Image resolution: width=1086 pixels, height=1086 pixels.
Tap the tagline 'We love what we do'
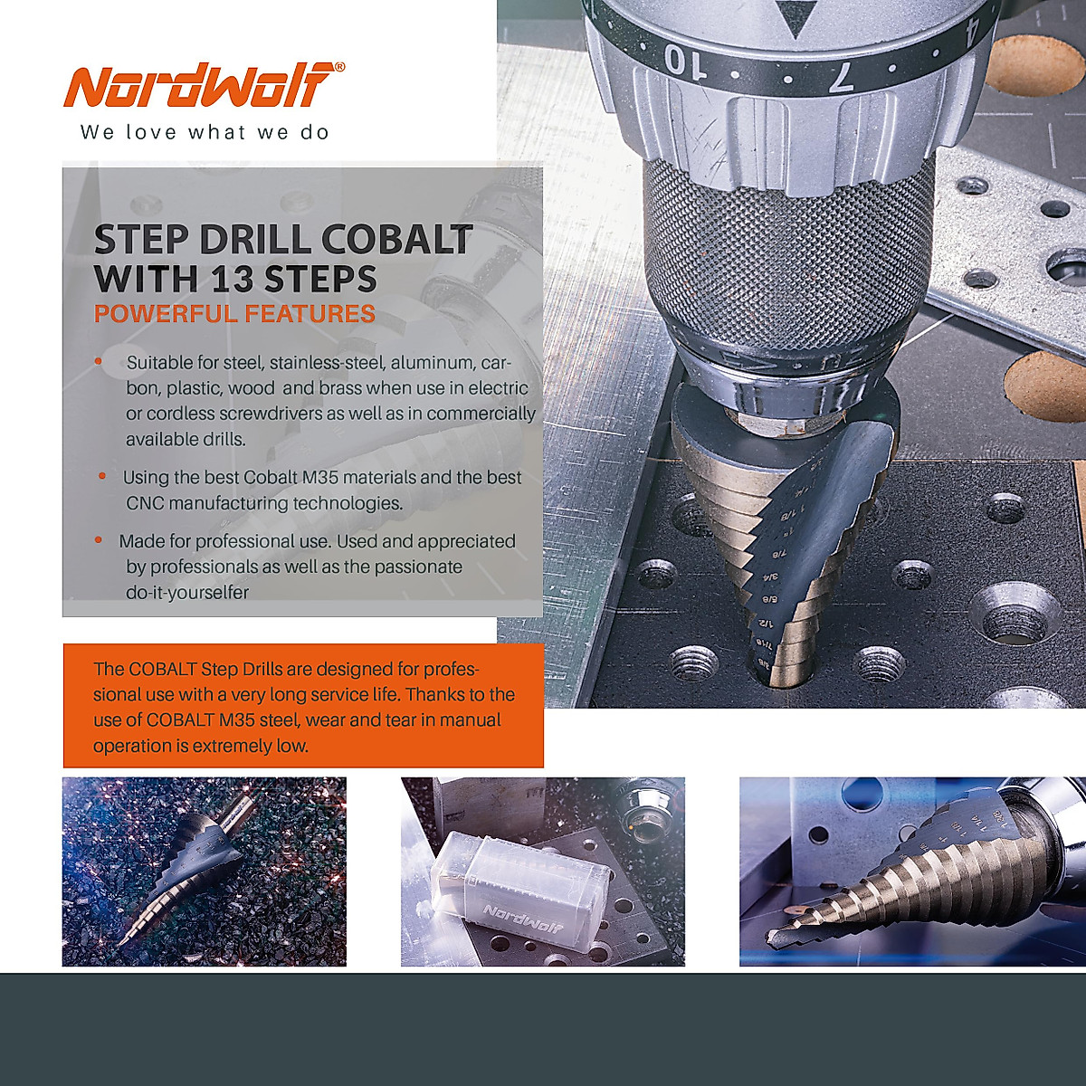pyautogui.click(x=205, y=133)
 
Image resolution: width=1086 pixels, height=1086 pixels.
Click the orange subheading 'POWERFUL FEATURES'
pyautogui.click(x=234, y=315)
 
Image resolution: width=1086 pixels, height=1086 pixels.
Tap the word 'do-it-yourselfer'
pyautogui.click(x=187, y=593)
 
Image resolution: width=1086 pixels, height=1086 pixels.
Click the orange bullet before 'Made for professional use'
pyautogui.click(x=99, y=540)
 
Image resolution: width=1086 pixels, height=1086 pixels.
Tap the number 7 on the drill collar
pyautogui.click(x=840, y=77)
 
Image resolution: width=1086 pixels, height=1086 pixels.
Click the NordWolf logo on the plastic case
pyautogui.click(x=523, y=915)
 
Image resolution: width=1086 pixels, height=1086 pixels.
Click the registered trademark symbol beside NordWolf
pyautogui.click(x=339, y=67)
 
